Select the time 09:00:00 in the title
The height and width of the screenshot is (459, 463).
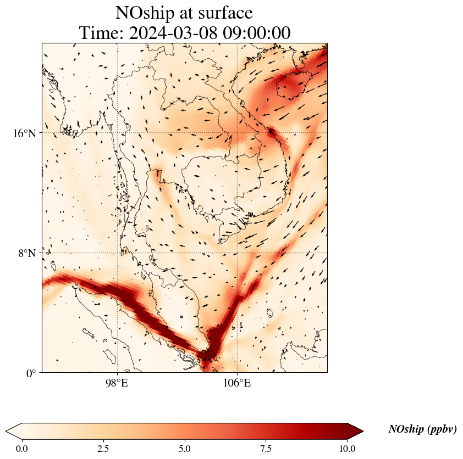coord(256,33)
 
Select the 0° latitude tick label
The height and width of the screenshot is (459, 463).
coord(32,373)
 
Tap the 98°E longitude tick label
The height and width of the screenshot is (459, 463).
coord(117,383)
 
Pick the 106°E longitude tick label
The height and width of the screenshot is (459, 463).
coord(237,383)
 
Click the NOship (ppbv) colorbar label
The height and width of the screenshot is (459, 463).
coord(422,429)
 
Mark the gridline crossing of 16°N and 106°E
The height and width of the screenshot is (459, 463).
coord(238,133)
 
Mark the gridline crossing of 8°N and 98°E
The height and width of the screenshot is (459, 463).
coord(117,253)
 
